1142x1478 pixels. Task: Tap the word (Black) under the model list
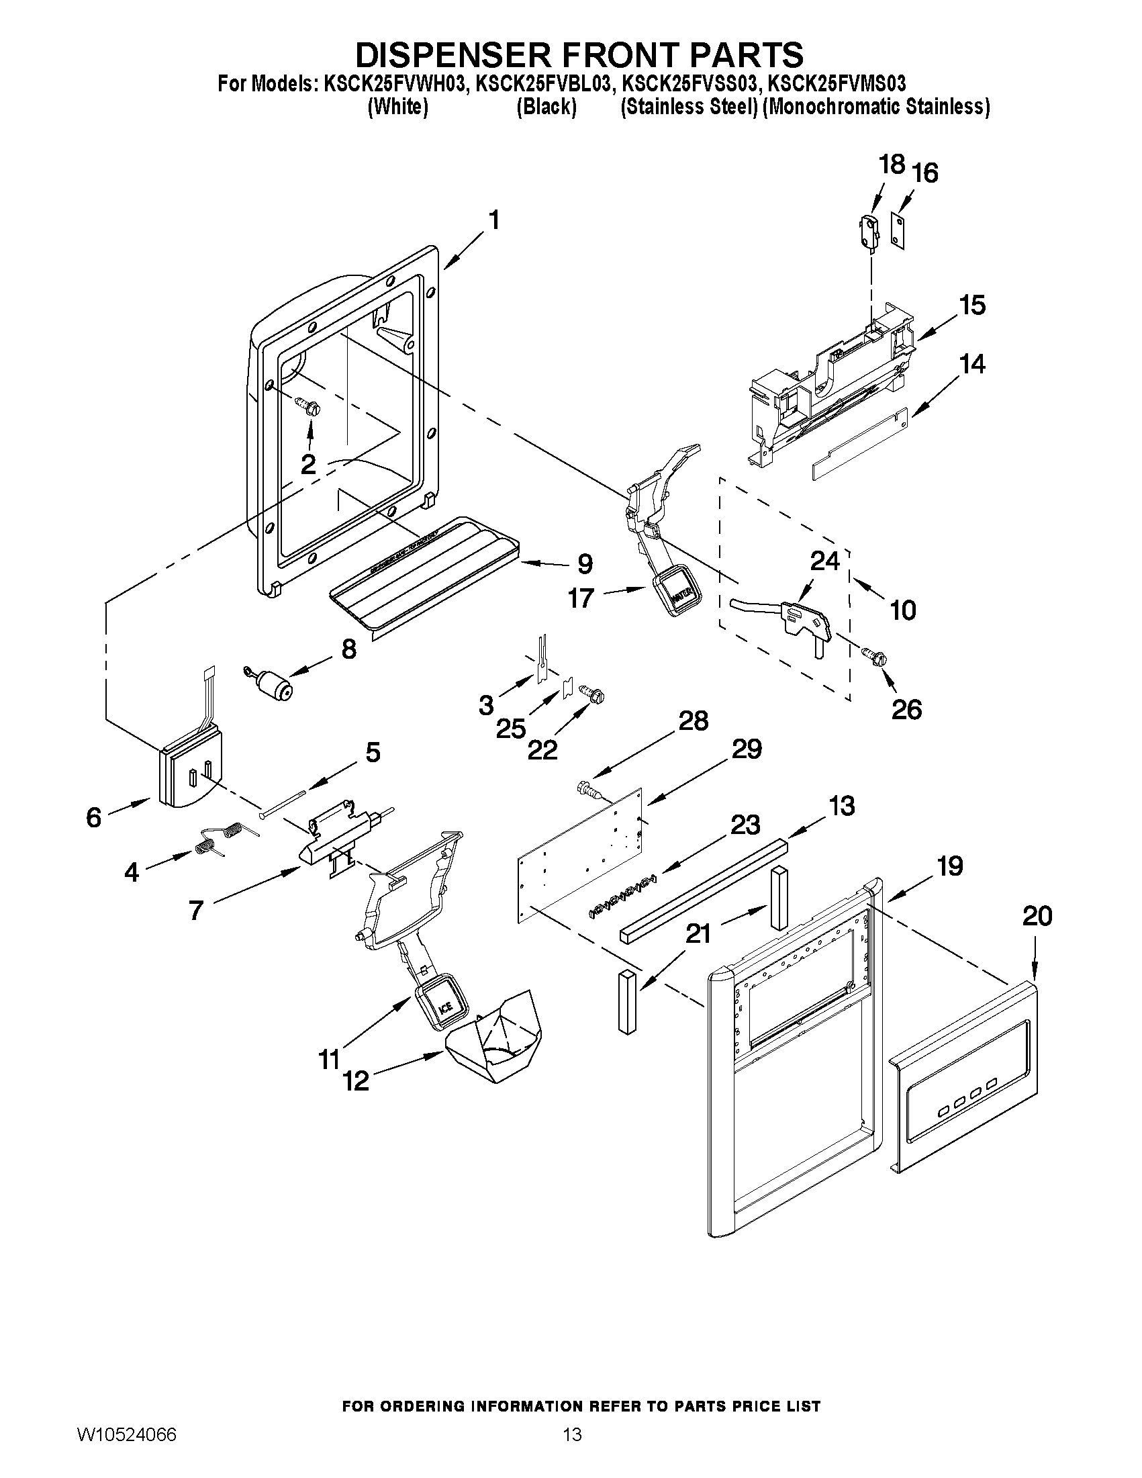pyautogui.click(x=546, y=107)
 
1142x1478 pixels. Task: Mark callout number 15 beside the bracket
pyautogui.click(x=973, y=306)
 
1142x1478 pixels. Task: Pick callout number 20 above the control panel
pyautogui.click(x=1037, y=917)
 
